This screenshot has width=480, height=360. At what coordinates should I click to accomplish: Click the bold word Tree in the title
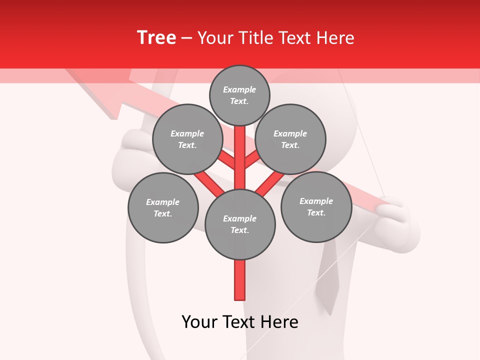[x=156, y=37]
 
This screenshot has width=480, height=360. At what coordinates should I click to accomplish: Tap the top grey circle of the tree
[x=239, y=95]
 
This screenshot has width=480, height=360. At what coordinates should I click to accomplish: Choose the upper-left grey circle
[x=187, y=139]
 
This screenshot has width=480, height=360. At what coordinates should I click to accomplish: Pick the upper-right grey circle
[x=290, y=139]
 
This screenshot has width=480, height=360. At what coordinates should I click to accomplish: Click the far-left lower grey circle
[x=163, y=208]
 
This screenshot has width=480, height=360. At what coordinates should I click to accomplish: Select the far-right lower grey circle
[x=316, y=207]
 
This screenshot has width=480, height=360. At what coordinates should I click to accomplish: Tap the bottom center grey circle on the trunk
[x=240, y=224]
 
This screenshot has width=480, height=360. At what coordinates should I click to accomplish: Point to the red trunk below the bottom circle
[x=240, y=280]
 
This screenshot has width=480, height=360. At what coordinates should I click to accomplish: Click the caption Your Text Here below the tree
[x=240, y=322]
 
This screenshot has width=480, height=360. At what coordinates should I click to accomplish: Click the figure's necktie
[x=330, y=285]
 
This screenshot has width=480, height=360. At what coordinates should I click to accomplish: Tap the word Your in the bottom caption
[x=200, y=322]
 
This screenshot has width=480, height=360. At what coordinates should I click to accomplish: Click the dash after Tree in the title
[x=186, y=38]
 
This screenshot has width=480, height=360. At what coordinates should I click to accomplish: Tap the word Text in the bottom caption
[x=240, y=322]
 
